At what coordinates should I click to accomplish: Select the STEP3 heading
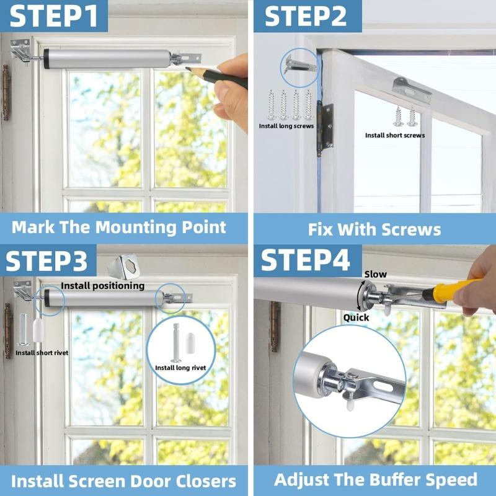pos(48,260)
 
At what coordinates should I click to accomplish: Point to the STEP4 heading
pos(305,260)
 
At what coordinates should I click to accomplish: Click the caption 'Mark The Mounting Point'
pos(119,226)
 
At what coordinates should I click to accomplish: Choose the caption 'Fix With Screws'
pos(374,229)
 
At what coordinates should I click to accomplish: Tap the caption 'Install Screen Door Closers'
pos(124,481)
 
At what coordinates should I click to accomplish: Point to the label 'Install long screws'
pos(286,126)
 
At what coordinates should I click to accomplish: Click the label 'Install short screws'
pos(395,135)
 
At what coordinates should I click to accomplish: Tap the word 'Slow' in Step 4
pos(375,273)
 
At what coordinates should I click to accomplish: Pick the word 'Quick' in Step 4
pos(356,317)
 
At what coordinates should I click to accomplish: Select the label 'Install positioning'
pos(102,286)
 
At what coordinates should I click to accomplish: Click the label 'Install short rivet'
pos(42,353)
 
